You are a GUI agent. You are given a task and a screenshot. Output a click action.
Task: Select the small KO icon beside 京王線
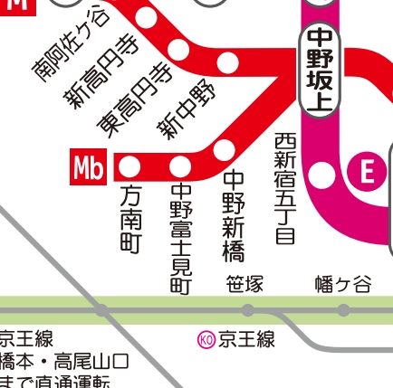206,340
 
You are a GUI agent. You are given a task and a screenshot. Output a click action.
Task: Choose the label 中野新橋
234,216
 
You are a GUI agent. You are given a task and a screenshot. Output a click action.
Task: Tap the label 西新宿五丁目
285,188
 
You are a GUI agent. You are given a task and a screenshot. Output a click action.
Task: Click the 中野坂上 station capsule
321,69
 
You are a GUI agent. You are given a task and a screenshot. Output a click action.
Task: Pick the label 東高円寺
135,99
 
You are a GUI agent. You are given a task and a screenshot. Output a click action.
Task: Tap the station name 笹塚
244,285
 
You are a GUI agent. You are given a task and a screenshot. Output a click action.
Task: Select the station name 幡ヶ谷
343,285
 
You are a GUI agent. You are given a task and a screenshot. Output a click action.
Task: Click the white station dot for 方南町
129,166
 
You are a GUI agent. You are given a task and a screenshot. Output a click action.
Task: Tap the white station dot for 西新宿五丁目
321,175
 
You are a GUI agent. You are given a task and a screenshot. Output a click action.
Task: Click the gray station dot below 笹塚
248,310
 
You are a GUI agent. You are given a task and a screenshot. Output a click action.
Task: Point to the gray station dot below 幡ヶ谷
343,310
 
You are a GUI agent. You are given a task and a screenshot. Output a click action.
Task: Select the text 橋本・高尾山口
63,362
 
